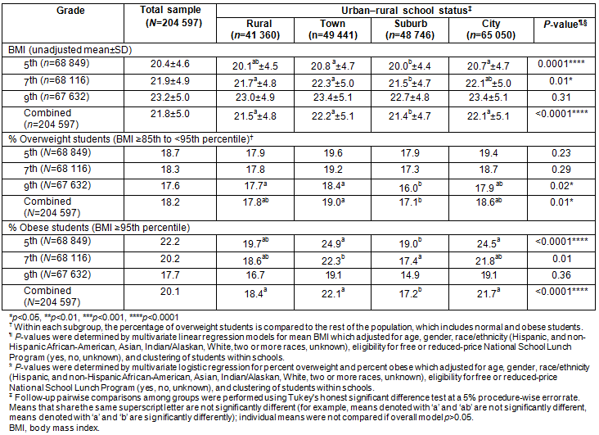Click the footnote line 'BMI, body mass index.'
click(48, 428)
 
